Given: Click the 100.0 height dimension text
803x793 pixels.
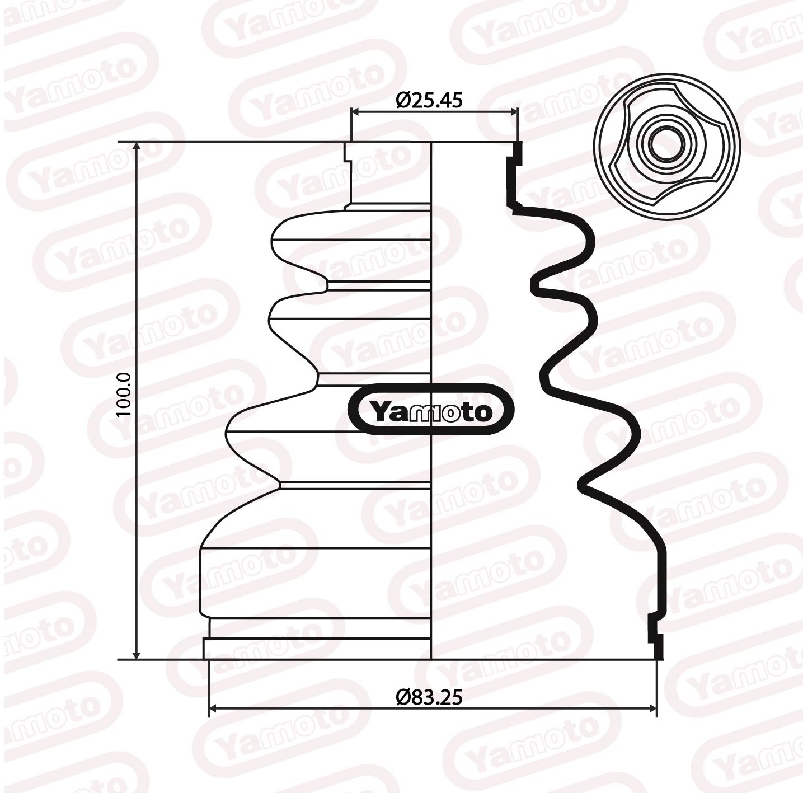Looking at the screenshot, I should click(x=124, y=395).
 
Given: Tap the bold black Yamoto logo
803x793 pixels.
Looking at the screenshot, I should click(x=430, y=410).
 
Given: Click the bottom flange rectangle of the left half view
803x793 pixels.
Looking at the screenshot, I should click(x=317, y=649).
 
